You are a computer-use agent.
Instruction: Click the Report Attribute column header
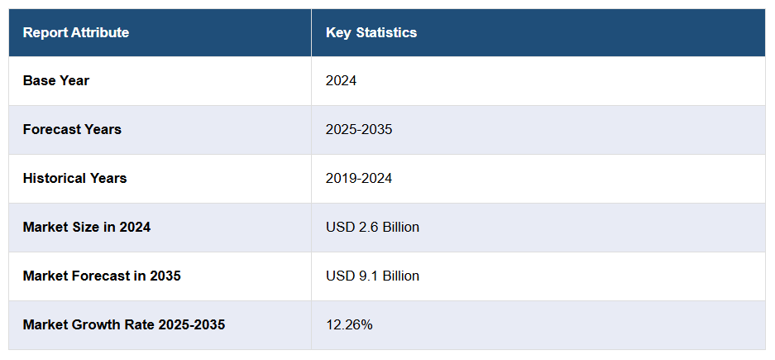76,33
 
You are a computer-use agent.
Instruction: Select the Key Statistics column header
371,33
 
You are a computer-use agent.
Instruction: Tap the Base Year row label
56,81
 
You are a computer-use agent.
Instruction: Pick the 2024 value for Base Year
341,81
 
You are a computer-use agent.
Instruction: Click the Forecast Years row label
72,130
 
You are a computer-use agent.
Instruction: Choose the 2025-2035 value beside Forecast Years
359,130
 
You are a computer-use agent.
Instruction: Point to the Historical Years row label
74,179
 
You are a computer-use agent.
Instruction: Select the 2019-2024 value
359,179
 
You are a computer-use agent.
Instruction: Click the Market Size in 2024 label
87,227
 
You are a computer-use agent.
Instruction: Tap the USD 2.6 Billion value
372,227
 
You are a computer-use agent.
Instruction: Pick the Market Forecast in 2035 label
102,276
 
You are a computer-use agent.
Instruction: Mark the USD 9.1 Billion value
372,276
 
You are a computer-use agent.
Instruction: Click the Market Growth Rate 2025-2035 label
124,324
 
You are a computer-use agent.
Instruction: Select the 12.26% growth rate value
349,324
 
